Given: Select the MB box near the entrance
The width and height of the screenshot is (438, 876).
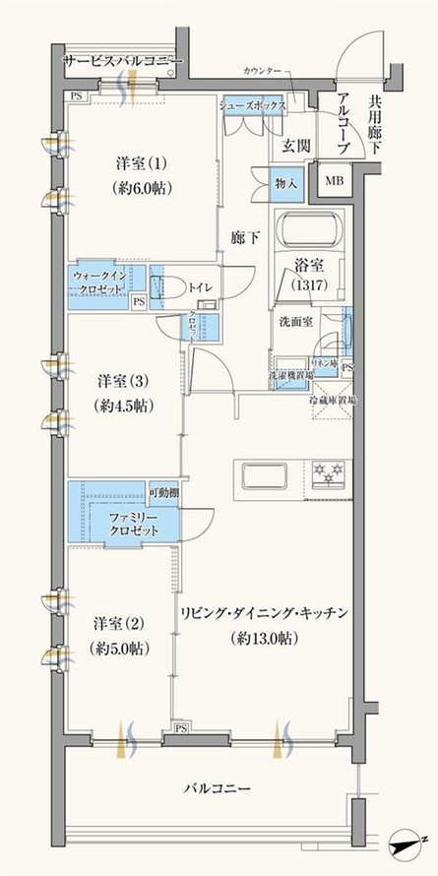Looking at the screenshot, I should tap(335, 180).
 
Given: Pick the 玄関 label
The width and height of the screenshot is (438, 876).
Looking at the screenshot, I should tap(296, 147).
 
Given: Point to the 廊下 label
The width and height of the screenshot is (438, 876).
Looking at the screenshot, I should tap(246, 237).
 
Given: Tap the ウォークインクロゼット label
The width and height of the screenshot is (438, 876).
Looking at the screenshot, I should tap(98, 285).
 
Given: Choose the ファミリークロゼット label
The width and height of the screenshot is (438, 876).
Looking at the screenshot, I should tap(134, 523).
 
